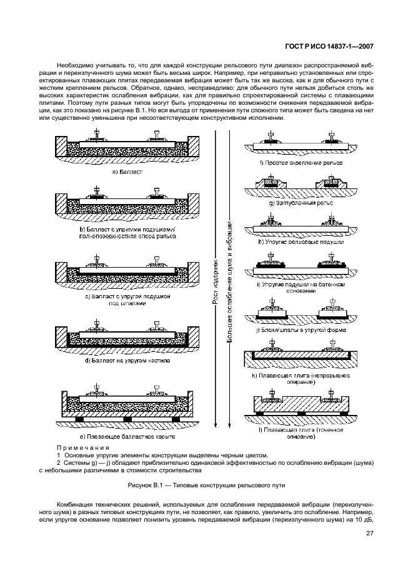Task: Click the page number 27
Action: click(369, 533)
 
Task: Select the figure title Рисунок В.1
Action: click(206, 484)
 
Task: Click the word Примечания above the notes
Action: click(82, 448)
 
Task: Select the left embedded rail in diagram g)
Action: click(269, 180)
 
